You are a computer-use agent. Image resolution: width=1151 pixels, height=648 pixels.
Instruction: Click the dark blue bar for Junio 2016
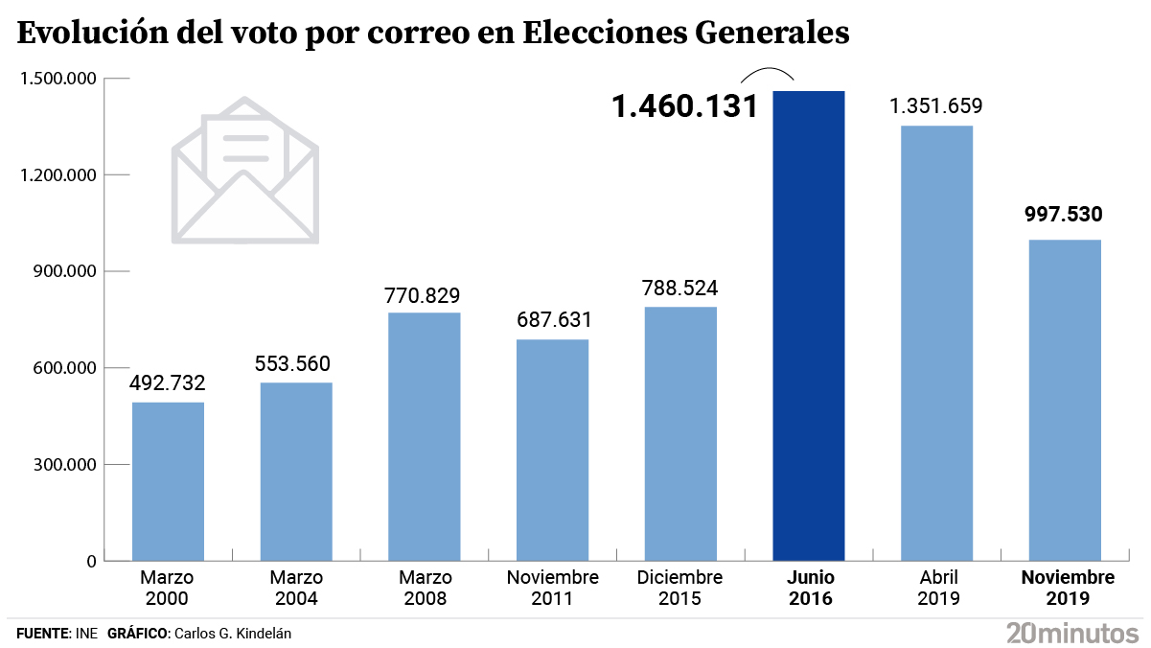coord(809,326)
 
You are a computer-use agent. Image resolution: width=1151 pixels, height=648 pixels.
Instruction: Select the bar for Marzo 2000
coord(168,481)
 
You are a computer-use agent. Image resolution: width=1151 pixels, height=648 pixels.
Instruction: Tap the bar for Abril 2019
coord(936,343)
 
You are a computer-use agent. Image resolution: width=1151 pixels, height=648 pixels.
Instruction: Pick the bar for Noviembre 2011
coord(552,450)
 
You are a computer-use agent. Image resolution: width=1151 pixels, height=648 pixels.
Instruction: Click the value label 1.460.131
coord(685,106)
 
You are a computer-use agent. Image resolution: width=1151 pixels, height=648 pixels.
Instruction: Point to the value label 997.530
coord(1064,214)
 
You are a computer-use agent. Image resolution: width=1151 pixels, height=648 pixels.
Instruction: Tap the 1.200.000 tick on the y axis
coord(56,175)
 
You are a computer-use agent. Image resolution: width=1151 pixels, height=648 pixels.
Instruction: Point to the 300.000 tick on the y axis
coord(60,465)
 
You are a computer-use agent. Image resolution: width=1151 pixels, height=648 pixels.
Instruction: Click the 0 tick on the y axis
coord(91,561)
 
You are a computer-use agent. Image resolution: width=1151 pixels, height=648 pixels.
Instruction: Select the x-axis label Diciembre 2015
coord(679,589)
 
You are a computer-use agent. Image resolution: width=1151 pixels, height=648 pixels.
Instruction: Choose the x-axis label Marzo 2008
coord(425,589)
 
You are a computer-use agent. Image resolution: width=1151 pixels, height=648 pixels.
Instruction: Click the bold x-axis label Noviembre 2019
coord(1068,589)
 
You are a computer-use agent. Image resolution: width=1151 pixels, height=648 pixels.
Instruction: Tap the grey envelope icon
coord(245,171)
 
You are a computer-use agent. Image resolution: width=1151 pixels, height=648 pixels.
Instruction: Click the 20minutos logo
coord(1071,632)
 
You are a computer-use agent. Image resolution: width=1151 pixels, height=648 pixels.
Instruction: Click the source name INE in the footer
coord(85,634)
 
